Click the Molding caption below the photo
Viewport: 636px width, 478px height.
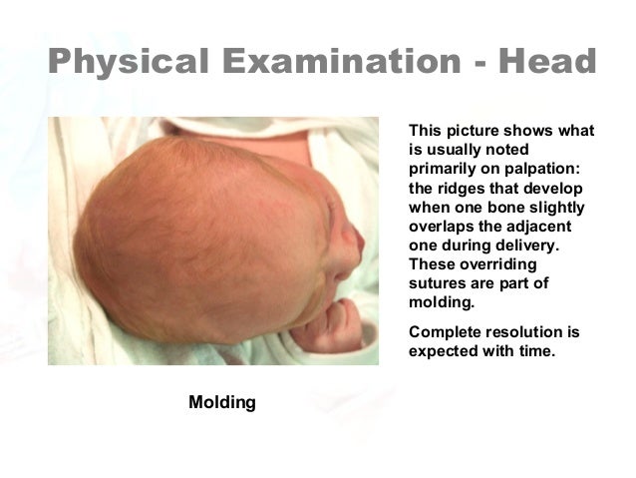point(222,402)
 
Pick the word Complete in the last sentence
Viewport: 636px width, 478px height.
point(446,330)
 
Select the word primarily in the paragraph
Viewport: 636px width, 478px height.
point(445,170)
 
